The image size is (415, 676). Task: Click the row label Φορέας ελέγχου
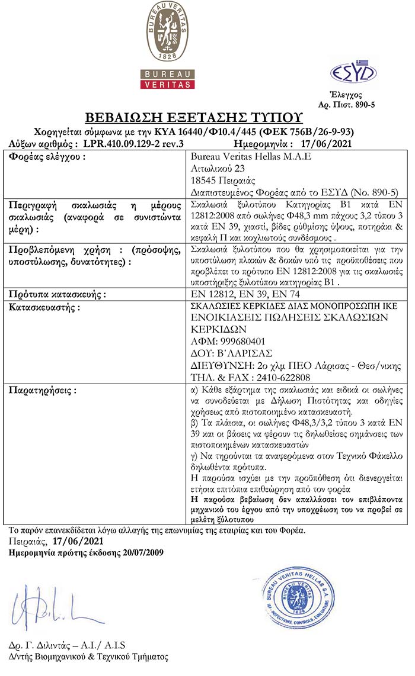(46, 157)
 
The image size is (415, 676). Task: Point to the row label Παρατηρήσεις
(44, 391)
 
